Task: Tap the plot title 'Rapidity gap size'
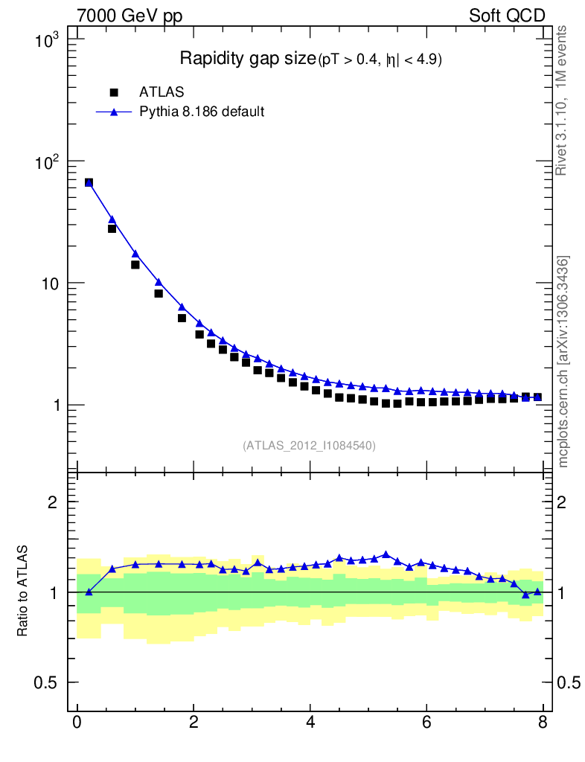pos(249,59)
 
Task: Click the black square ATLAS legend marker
pos(114,92)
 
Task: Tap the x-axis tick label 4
pos(310,723)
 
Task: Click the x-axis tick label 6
pos(426,723)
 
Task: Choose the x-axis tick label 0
pos(77,723)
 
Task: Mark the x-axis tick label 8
pos(543,723)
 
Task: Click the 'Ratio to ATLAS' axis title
pos(23,591)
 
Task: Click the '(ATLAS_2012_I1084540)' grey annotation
pos(309,446)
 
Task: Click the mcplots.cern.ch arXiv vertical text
pos(563,362)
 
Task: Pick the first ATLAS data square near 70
pos(89,182)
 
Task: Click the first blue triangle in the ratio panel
pos(89,592)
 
